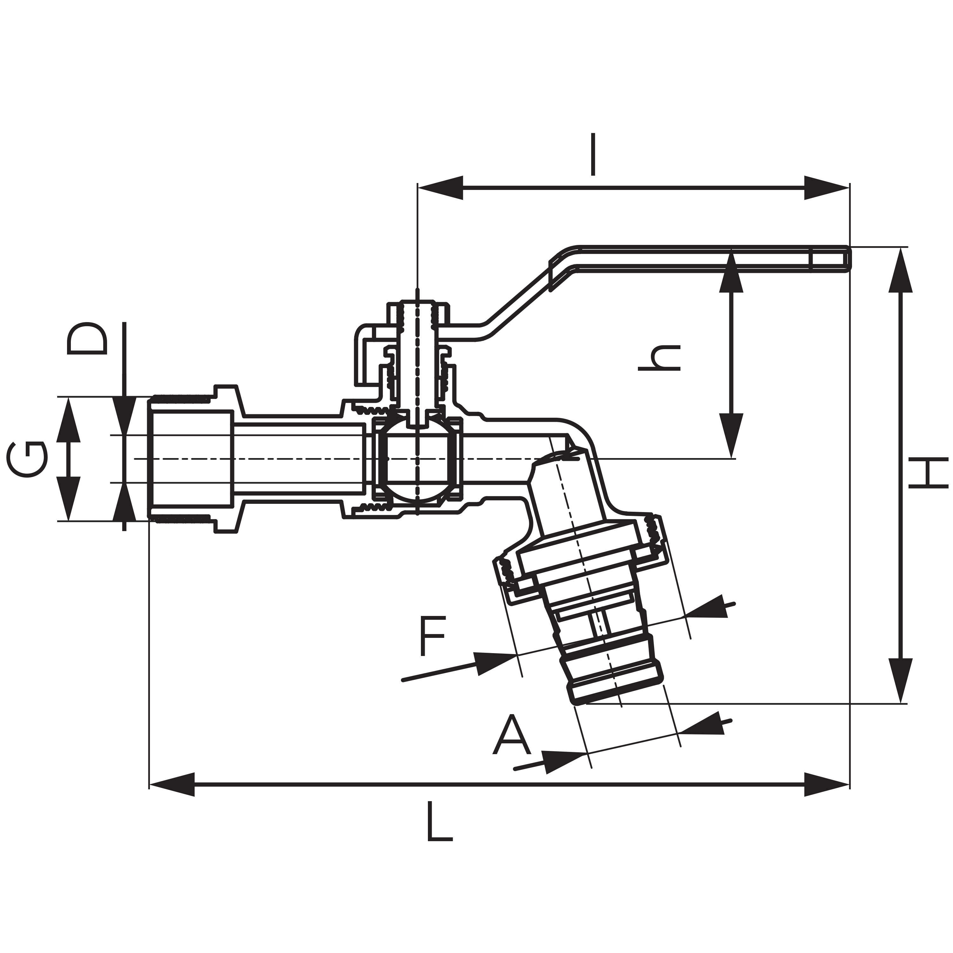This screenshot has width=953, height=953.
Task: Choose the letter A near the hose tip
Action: pos(511,735)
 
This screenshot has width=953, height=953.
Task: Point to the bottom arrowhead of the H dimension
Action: pos(901,681)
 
